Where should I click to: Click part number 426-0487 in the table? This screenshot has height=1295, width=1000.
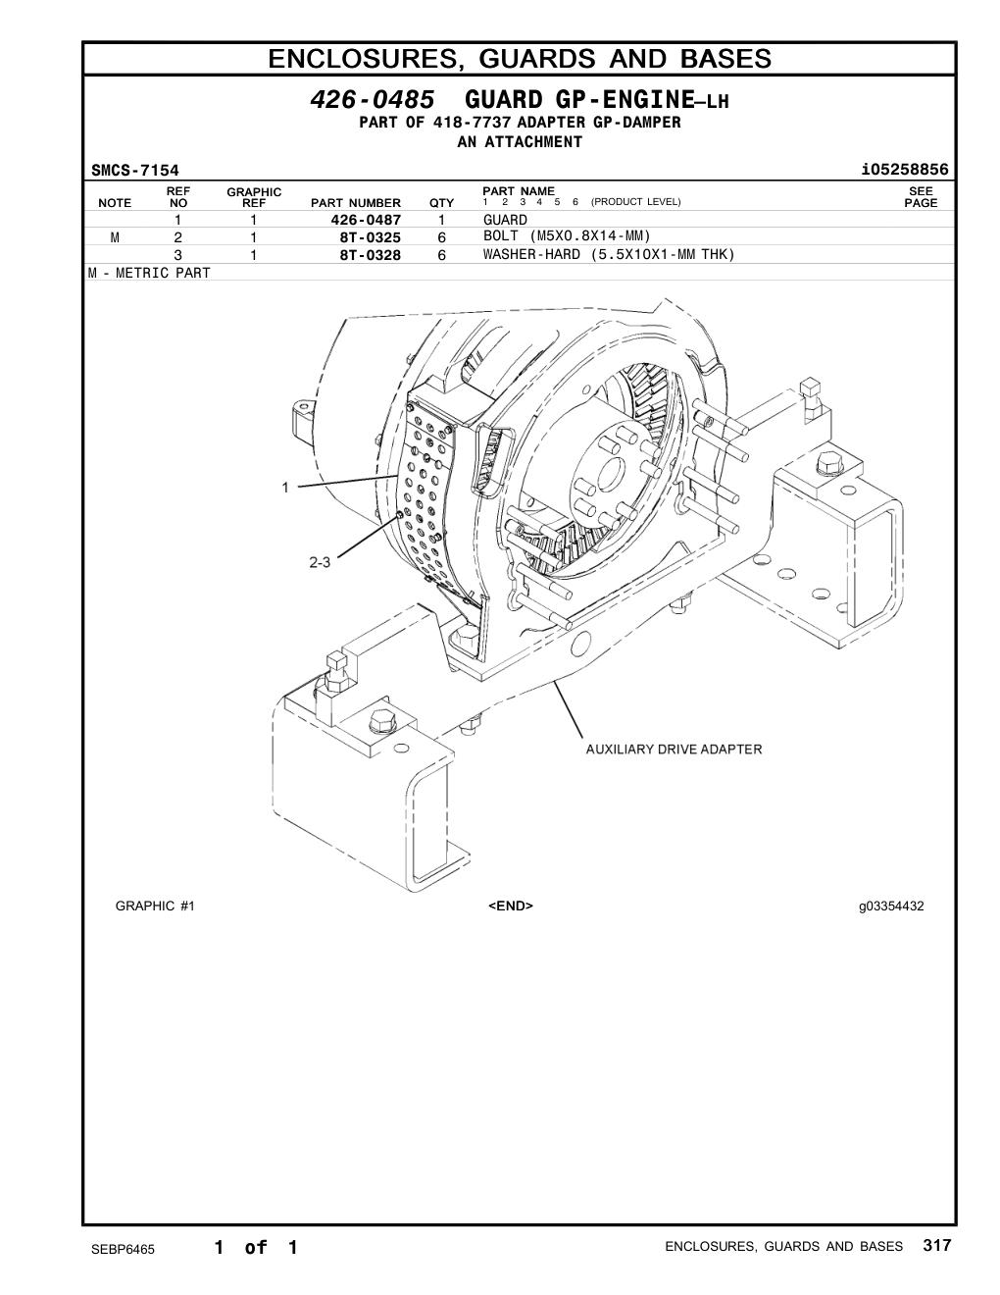(366, 220)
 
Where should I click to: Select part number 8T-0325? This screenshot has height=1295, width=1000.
(371, 237)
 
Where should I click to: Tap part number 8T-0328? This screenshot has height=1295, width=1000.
(371, 255)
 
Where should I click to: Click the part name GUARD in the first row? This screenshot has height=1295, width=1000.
(505, 220)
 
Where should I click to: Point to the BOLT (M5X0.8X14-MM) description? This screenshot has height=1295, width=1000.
(567, 236)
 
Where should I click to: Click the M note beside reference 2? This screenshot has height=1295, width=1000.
(115, 237)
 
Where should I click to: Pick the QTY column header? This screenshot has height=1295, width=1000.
(441, 203)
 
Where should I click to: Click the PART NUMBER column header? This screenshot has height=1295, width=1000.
(356, 203)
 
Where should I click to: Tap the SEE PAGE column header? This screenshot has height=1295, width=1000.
(921, 197)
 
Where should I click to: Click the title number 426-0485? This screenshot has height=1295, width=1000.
(373, 99)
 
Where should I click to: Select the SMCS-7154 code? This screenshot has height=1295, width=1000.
(134, 171)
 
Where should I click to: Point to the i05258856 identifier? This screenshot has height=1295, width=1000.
(905, 170)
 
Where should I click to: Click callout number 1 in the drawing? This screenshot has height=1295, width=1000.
(285, 488)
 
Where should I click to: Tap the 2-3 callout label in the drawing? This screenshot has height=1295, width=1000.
(320, 562)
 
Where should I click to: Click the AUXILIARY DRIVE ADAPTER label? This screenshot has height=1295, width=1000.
(674, 750)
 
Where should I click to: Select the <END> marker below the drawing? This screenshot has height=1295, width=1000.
(511, 906)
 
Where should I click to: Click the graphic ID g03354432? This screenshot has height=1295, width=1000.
(891, 906)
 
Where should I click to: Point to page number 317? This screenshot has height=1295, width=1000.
(937, 1245)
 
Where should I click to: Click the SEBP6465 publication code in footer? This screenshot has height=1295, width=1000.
(123, 1249)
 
